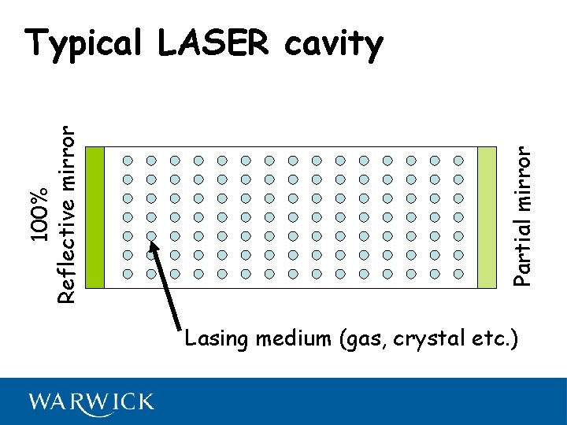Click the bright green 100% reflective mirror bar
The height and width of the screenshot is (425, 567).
[x=94, y=217]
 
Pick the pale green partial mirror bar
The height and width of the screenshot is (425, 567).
[x=487, y=217]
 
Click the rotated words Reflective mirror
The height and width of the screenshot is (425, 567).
[x=68, y=214]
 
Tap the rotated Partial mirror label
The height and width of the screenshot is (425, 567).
[x=523, y=209]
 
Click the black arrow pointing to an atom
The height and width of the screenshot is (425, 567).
[x=167, y=287]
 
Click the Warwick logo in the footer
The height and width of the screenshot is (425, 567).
[x=91, y=402]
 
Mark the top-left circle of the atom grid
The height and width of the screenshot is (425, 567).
[x=128, y=160]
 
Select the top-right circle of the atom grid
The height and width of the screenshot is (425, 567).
[x=458, y=160]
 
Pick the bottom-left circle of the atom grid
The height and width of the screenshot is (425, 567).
[x=128, y=274]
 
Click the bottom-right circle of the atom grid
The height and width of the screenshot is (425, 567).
[x=458, y=274]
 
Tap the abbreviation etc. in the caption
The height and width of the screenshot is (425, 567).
[x=491, y=339]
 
